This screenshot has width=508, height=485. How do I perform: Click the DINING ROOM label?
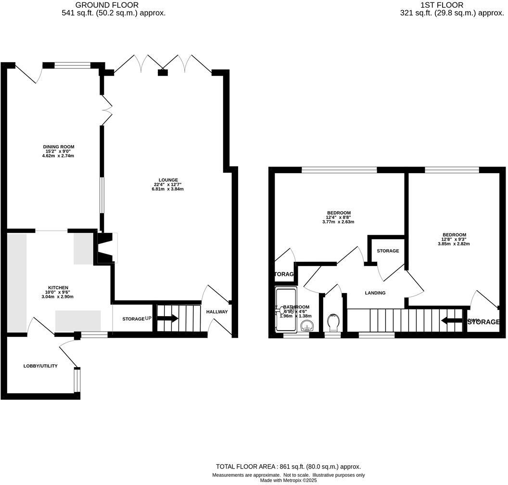[59, 147]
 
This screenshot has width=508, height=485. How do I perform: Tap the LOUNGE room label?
[167, 180]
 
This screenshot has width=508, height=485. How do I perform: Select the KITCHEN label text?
[58, 288]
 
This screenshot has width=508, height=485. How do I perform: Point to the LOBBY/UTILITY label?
[40, 366]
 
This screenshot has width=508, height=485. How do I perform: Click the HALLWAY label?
[217, 312]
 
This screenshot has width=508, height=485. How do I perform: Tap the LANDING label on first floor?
[375, 293]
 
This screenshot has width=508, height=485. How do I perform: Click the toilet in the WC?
[332, 321]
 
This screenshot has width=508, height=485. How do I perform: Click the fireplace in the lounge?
[107, 247]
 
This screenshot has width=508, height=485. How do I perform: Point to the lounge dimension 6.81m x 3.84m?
[167, 189]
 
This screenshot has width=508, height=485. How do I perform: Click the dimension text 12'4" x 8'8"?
[339, 217]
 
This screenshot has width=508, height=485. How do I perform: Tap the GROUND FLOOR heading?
[114, 5]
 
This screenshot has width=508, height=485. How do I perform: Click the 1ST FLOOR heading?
[452, 5]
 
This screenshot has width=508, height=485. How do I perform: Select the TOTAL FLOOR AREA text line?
[288, 467]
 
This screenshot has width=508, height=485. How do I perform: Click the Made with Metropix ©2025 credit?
[288, 480]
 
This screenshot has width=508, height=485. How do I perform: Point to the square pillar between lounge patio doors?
[163, 73]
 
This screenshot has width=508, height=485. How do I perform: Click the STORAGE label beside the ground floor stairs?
[133, 319]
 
